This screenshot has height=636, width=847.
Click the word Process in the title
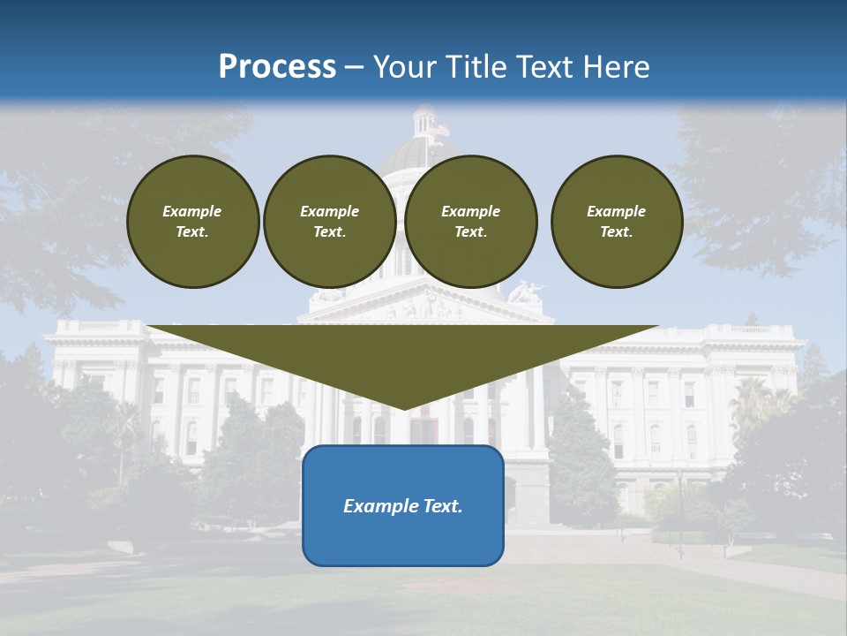277,67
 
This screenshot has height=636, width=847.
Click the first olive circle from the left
192,222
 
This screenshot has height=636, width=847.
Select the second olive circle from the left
329,222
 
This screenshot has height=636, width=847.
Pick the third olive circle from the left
470,222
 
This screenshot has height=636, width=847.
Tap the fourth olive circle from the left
616,222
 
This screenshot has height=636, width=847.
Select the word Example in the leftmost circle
192,211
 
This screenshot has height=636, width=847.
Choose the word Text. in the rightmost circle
616,232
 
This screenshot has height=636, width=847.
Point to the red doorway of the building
423,431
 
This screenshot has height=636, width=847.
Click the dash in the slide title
354,67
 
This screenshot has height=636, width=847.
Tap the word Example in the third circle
470,211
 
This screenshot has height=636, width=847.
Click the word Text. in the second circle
329,232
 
